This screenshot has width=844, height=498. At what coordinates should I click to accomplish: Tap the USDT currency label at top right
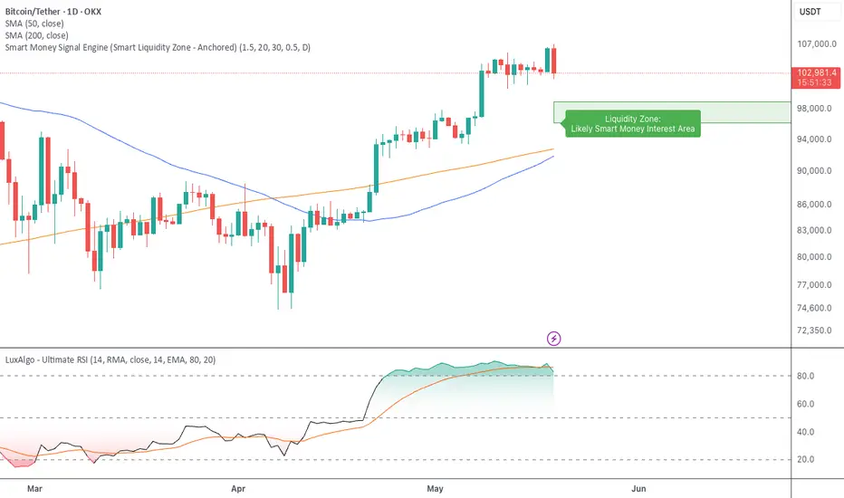[x=813, y=11]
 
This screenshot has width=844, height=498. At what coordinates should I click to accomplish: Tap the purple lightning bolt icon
[x=554, y=339]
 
